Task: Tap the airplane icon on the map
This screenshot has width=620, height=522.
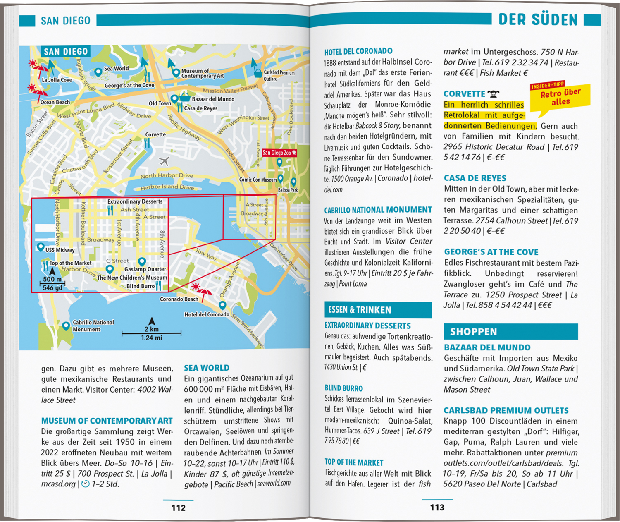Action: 164,160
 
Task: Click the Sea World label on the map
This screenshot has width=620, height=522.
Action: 116,69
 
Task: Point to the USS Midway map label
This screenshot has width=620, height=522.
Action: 60,250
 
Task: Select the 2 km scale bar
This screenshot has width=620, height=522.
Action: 151,333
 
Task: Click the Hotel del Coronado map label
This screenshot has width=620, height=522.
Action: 207,314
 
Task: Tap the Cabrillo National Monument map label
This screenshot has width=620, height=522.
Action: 93,326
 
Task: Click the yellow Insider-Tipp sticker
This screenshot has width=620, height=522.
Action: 560,98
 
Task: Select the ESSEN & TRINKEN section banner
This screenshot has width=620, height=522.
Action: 378,310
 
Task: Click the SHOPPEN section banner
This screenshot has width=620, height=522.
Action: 510,332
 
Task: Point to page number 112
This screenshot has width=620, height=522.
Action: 179,508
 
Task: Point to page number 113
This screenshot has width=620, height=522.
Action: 437,508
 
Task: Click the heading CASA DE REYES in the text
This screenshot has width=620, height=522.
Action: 475,178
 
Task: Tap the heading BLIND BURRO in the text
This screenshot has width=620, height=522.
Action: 343,388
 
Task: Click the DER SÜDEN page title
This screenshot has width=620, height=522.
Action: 537,19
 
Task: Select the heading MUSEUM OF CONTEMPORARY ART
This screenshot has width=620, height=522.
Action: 107,421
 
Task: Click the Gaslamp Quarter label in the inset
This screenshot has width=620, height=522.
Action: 145,269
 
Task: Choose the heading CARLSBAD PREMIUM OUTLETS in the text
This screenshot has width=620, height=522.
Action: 506,411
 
